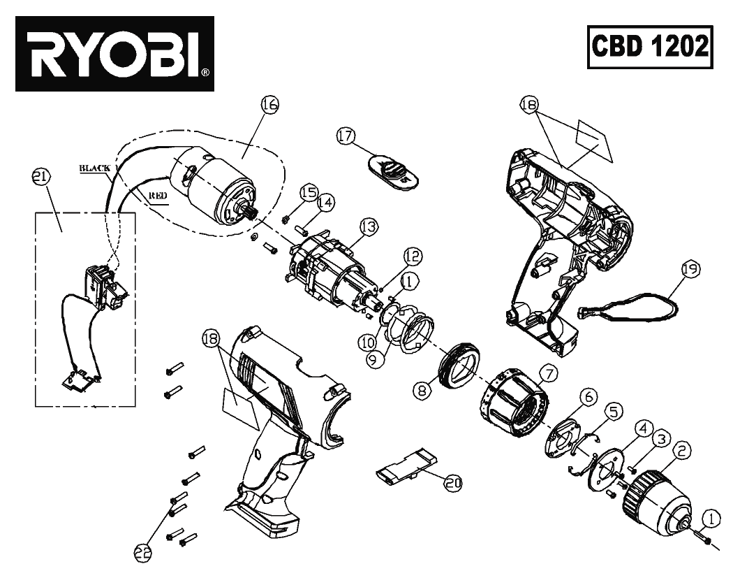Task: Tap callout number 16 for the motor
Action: coord(270,106)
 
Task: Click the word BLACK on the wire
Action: coord(95,168)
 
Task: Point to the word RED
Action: coord(157,197)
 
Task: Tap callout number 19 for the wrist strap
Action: coord(690,268)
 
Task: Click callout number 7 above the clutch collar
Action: coord(548,374)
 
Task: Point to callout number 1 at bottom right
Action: coord(709,518)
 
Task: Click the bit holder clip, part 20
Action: coord(405,467)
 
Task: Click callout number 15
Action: coord(309,192)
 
